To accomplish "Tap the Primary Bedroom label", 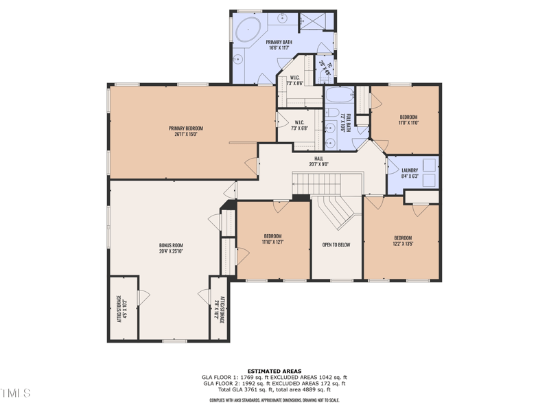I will (186, 131).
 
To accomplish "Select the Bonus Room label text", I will (171, 248).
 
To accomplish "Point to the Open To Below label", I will (336, 244).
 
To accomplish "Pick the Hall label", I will (318, 161).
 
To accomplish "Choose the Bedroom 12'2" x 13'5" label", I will (403, 240).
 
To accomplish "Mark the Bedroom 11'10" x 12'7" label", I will (272, 238).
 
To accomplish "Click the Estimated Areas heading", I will (274, 371).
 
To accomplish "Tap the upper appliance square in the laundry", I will (430, 165).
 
